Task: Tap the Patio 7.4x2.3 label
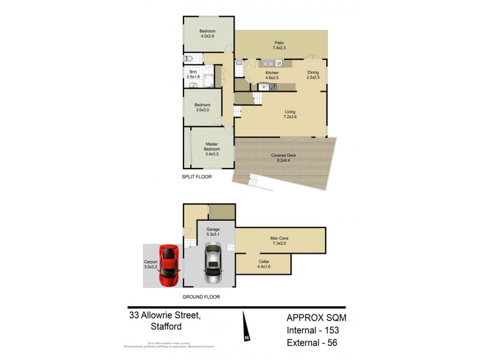tap(280, 45)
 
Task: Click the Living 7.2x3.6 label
tap(290, 113)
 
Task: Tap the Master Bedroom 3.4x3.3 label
tap(211, 149)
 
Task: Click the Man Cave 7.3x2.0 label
tap(280, 241)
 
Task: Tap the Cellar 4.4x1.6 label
tap(263, 263)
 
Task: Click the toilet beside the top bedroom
tap(188, 59)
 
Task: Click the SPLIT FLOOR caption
tap(197, 177)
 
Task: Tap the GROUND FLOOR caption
tap(201, 296)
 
